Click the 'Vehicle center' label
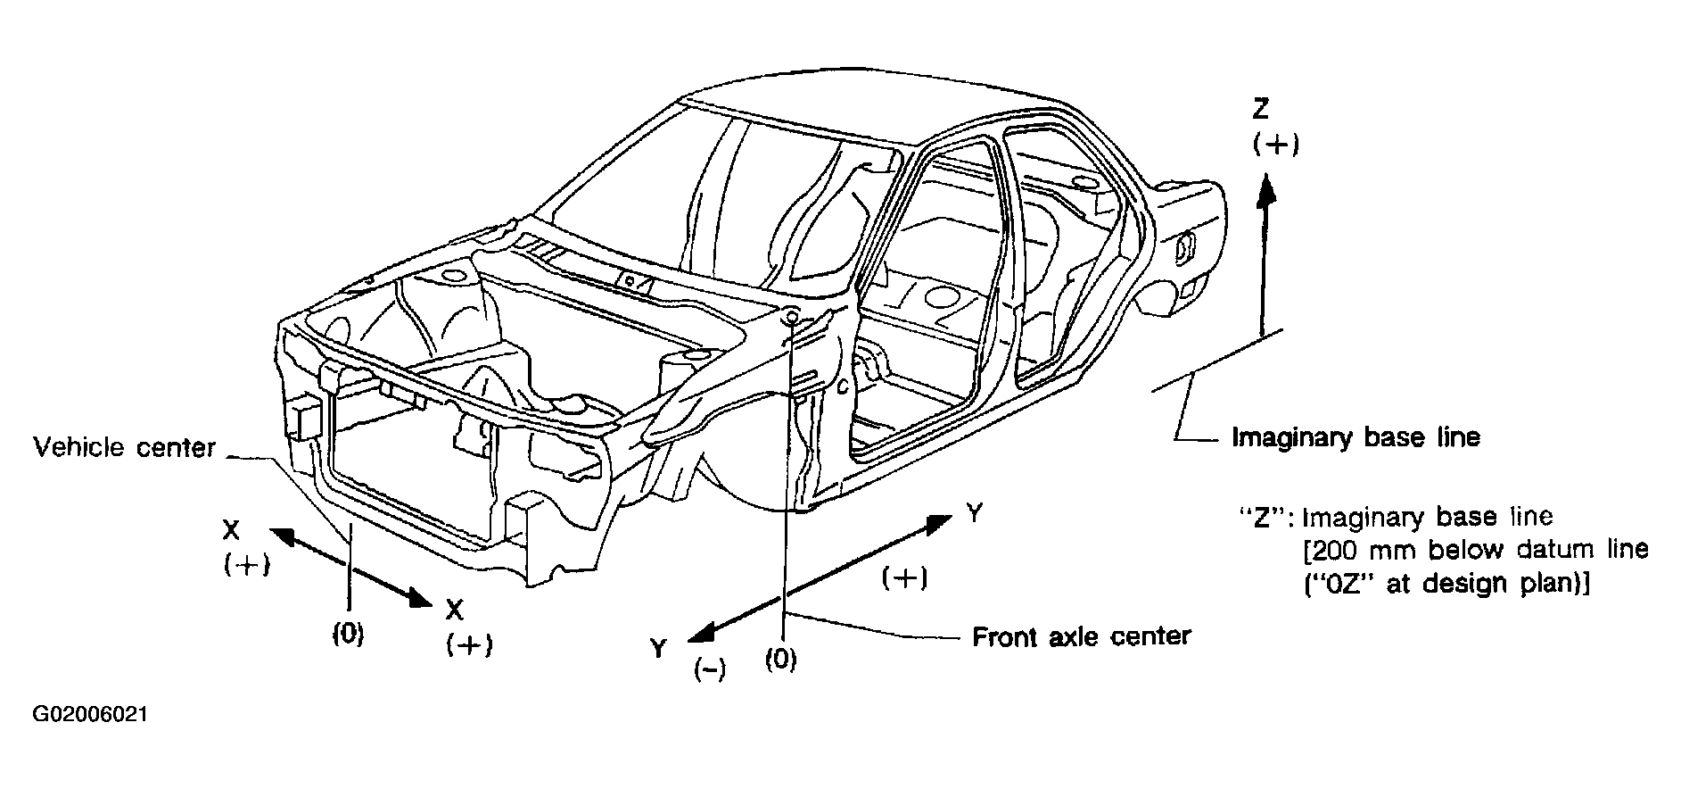click(124, 447)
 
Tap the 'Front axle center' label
click(1081, 636)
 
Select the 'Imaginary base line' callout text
click(1356, 437)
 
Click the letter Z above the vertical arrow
click(1260, 109)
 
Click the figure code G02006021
click(90, 715)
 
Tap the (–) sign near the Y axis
click(710, 670)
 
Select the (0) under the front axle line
click(781, 660)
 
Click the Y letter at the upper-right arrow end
click(975, 513)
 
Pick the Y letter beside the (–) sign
click(658, 647)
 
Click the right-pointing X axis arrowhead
click(420, 597)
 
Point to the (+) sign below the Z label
click(1276, 145)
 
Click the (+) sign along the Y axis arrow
click(903, 577)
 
